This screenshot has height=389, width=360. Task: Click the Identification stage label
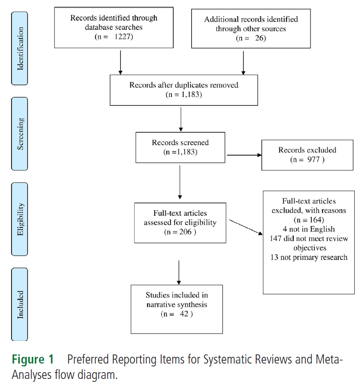[x=20, y=49]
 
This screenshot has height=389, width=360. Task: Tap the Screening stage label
[x=20, y=134]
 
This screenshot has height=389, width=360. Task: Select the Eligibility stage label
[x=20, y=219]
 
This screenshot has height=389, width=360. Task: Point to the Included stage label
[x=20, y=304]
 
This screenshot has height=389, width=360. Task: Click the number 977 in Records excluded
[x=313, y=159]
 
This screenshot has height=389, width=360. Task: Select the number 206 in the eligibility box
[x=185, y=231]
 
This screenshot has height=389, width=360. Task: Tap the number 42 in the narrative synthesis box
[x=184, y=314]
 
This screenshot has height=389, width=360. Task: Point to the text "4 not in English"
[x=309, y=229]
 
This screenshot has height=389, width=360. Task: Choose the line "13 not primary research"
[x=309, y=257]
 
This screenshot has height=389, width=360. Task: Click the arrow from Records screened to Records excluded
[x=244, y=155]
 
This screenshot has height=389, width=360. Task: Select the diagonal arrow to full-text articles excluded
[x=246, y=227]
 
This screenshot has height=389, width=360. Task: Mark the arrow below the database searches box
[x=121, y=62]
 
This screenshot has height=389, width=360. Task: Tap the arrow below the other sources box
[x=243, y=63]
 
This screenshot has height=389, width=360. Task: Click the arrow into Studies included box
[x=179, y=272]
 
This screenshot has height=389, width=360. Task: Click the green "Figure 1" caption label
[x=33, y=359]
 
